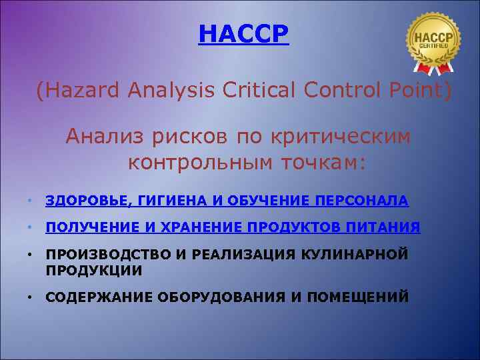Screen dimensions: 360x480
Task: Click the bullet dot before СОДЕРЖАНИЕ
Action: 31,297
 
